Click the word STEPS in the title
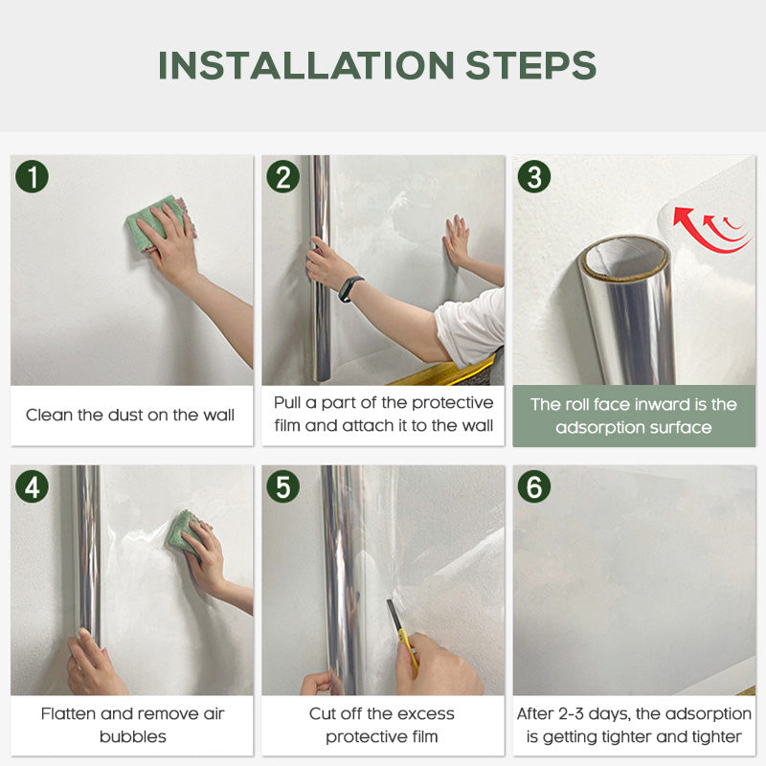pyautogui.click(x=531, y=65)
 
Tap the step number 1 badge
pyautogui.click(x=33, y=177)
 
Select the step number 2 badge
pyautogui.click(x=282, y=177)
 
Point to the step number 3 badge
pyautogui.click(x=533, y=177)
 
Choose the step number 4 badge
pyautogui.click(x=33, y=486)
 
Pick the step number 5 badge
pyautogui.click(x=282, y=486)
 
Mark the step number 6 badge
pyautogui.click(x=533, y=486)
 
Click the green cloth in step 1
pyautogui.click(x=153, y=222)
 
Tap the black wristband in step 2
pyautogui.click(x=350, y=287)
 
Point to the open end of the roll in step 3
pyautogui.click(x=624, y=259)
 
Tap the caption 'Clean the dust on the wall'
pyautogui.click(x=130, y=416)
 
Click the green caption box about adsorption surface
pyautogui.click(x=634, y=416)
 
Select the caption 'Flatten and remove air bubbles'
pyautogui.click(x=132, y=725)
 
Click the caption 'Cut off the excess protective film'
pyautogui.click(x=382, y=725)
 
